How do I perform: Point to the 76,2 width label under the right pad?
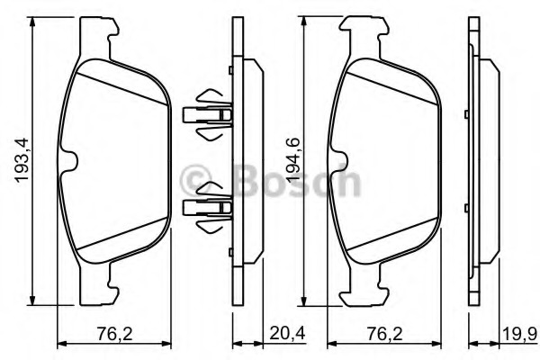pos(382,334)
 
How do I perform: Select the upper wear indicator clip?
pos(208,115)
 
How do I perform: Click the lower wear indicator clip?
pos(208,209)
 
